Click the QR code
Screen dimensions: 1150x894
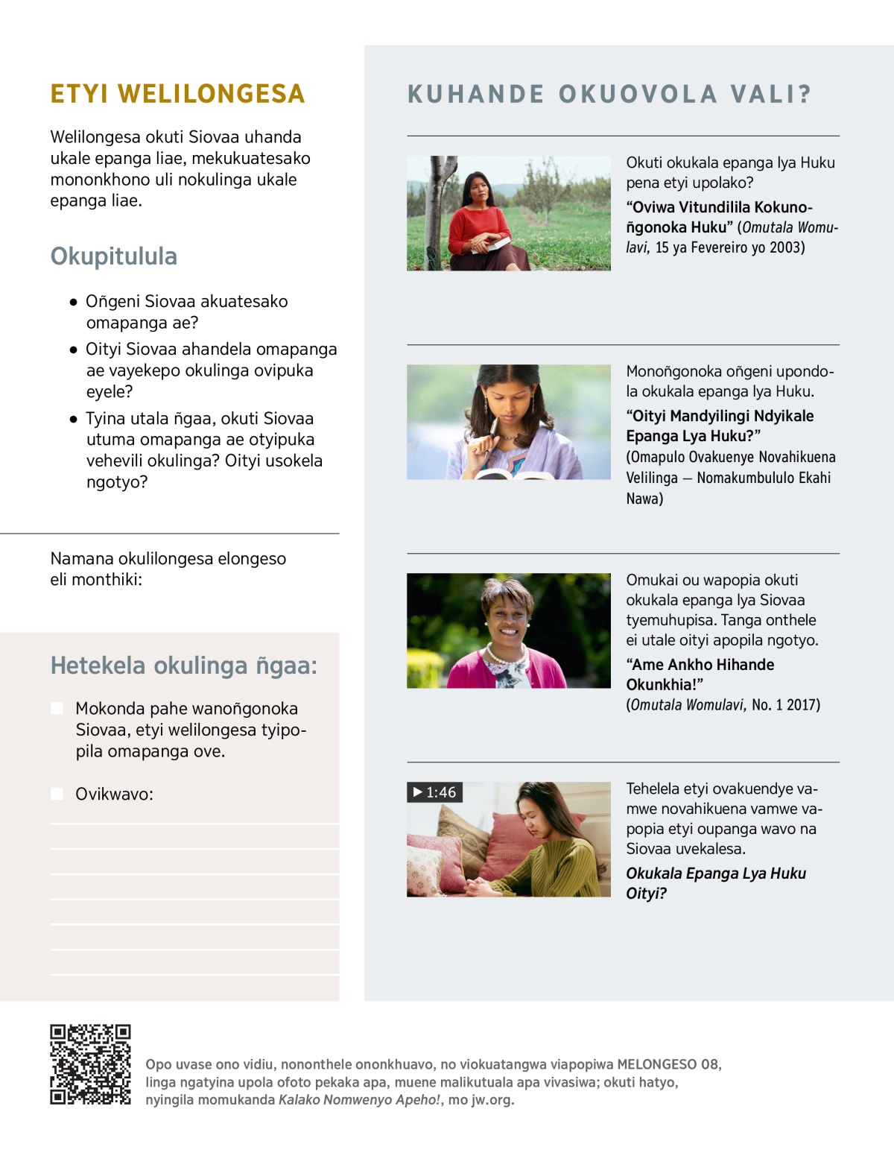[90, 1064]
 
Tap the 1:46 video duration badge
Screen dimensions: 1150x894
[435, 792]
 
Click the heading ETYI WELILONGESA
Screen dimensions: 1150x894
[177, 94]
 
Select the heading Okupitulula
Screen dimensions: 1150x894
[114, 256]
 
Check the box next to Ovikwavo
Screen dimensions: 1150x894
[57, 794]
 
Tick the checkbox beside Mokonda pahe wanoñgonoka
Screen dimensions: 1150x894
[57, 708]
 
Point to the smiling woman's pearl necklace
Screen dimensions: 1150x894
[506, 656]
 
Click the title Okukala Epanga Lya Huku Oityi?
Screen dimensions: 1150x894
[715, 883]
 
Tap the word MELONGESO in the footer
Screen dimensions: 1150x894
[656, 1064]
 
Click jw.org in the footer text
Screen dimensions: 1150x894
[492, 1099]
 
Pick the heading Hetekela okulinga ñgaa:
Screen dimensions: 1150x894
[183, 666]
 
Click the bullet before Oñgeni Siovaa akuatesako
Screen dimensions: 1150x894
[73, 303]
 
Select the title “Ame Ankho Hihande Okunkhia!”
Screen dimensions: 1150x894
[700, 674]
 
